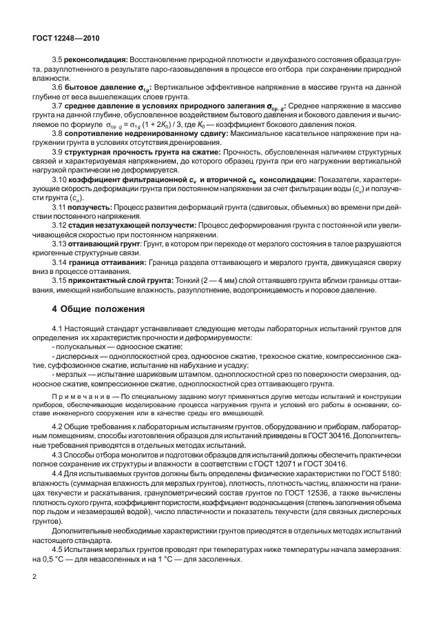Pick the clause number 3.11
pos(60,206)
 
